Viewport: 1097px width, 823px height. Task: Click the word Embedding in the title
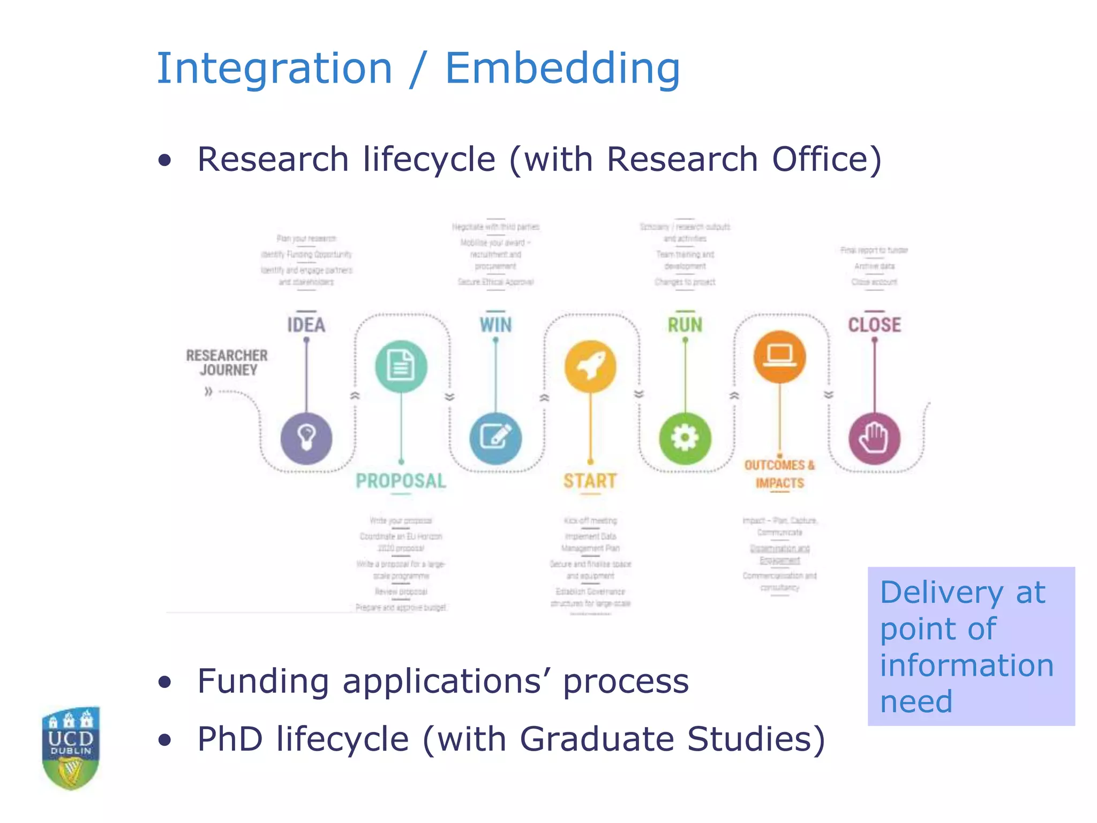click(x=562, y=69)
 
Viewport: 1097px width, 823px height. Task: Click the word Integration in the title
click(x=274, y=69)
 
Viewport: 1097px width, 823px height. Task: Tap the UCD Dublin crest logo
click(x=71, y=748)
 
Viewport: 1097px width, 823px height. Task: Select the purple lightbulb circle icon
click(x=306, y=438)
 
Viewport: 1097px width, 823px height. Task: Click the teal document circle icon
click(x=401, y=366)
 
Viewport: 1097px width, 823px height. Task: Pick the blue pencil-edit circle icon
click(x=495, y=438)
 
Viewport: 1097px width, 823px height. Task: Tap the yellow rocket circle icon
click(x=590, y=366)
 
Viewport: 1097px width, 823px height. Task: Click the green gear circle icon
click(x=685, y=438)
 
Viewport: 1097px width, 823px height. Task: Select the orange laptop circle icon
click(x=780, y=356)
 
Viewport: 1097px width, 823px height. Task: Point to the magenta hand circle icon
click(x=874, y=438)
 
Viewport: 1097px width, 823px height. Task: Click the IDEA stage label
click(x=306, y=325)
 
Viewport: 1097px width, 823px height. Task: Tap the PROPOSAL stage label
click(x=401, y=481)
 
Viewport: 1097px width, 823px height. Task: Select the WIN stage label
click(x=495, y=325)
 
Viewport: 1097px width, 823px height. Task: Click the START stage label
click(x=590, y=481)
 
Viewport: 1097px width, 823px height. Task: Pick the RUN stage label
click(x=685, y=325)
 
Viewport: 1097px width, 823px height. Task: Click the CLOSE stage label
click(x=874, y=325)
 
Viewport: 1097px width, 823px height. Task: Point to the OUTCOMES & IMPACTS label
click(x=780, y=474)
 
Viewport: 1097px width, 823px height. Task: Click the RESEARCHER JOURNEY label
click(x=227, y=363)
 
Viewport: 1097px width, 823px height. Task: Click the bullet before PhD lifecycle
click(x=165, y=740)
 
